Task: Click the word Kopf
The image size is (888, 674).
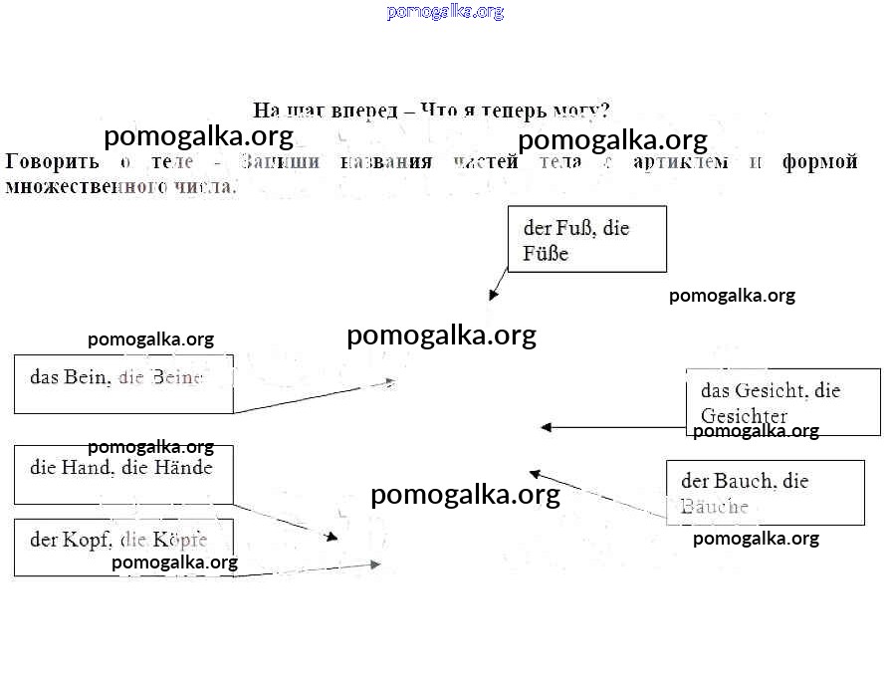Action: (87, 541)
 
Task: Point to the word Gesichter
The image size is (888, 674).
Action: (744, 416)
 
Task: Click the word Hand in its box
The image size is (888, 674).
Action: (87, 466)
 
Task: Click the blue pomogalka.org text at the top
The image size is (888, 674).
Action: (445, 12)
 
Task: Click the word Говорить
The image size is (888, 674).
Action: (52, 162)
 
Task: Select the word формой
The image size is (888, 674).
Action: (819, 162)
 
